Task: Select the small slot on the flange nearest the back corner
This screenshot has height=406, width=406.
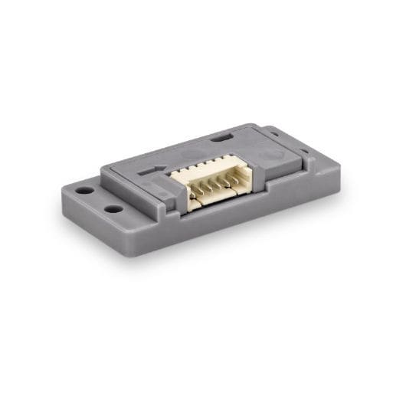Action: click(273, 133)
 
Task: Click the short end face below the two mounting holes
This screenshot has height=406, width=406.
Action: click(92, 222)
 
